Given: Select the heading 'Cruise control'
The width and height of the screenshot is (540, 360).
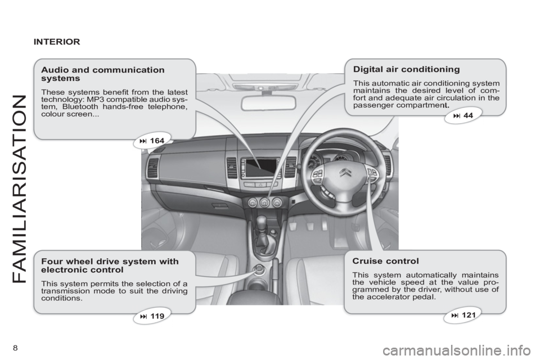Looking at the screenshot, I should click(x=385, y=261).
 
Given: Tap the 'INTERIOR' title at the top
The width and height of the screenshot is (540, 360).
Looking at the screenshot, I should click(x=57, y=41).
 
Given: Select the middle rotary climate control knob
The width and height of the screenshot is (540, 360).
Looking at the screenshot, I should click(x=264, y=202).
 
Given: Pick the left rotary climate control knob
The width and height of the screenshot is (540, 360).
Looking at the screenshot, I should click(x=251, y=202).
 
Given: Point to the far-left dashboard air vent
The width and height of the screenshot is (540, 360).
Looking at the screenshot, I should click(x=153, y=168).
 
